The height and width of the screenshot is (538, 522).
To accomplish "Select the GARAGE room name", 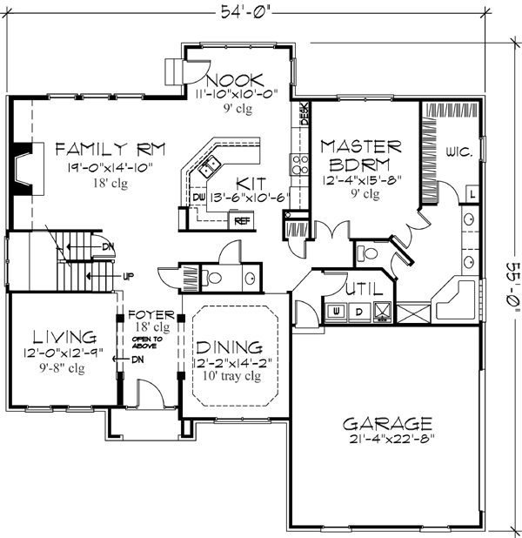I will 387,424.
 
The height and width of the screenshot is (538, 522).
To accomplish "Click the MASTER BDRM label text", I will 360,154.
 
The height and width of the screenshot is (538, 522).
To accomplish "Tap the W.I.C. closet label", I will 460,151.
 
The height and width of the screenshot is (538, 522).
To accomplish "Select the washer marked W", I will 335,310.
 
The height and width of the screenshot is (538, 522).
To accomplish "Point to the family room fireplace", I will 23,166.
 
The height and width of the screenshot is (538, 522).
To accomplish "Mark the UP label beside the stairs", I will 128,276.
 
